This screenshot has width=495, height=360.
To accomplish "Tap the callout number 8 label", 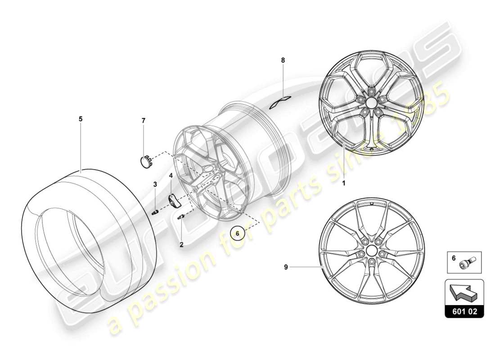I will click(x=283, y=60).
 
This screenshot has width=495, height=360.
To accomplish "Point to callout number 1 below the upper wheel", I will click(x=344, y=184).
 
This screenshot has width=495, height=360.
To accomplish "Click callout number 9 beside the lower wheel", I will click(x=286, y=267).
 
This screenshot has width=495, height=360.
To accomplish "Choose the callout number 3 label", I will click(x=155, y=184).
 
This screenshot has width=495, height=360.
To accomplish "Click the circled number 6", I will click(x=238, y=234).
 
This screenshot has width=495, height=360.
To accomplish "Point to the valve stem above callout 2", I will click(x=181, y=217).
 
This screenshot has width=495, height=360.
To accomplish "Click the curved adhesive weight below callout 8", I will click(x=281, y=103).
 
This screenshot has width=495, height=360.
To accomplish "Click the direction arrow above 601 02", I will click(x=463, y=295).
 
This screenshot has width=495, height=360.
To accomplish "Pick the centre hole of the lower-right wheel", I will click(x=371, y=250).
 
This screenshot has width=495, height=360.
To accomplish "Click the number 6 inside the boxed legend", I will click(x=453, y=259).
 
